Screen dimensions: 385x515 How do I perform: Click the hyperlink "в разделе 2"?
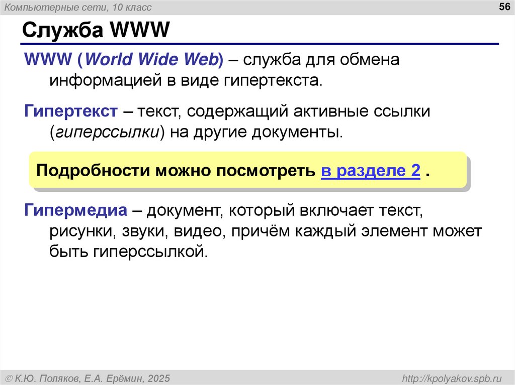point(370,171)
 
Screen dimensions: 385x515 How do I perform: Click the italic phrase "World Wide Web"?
point(152,59)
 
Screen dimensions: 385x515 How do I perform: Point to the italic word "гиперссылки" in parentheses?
point(107,133)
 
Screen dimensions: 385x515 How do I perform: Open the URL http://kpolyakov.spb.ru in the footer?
point(449,377)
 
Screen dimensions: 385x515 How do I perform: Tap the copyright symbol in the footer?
point(9,377)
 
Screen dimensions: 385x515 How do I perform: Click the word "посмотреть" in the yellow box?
point(267,171)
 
